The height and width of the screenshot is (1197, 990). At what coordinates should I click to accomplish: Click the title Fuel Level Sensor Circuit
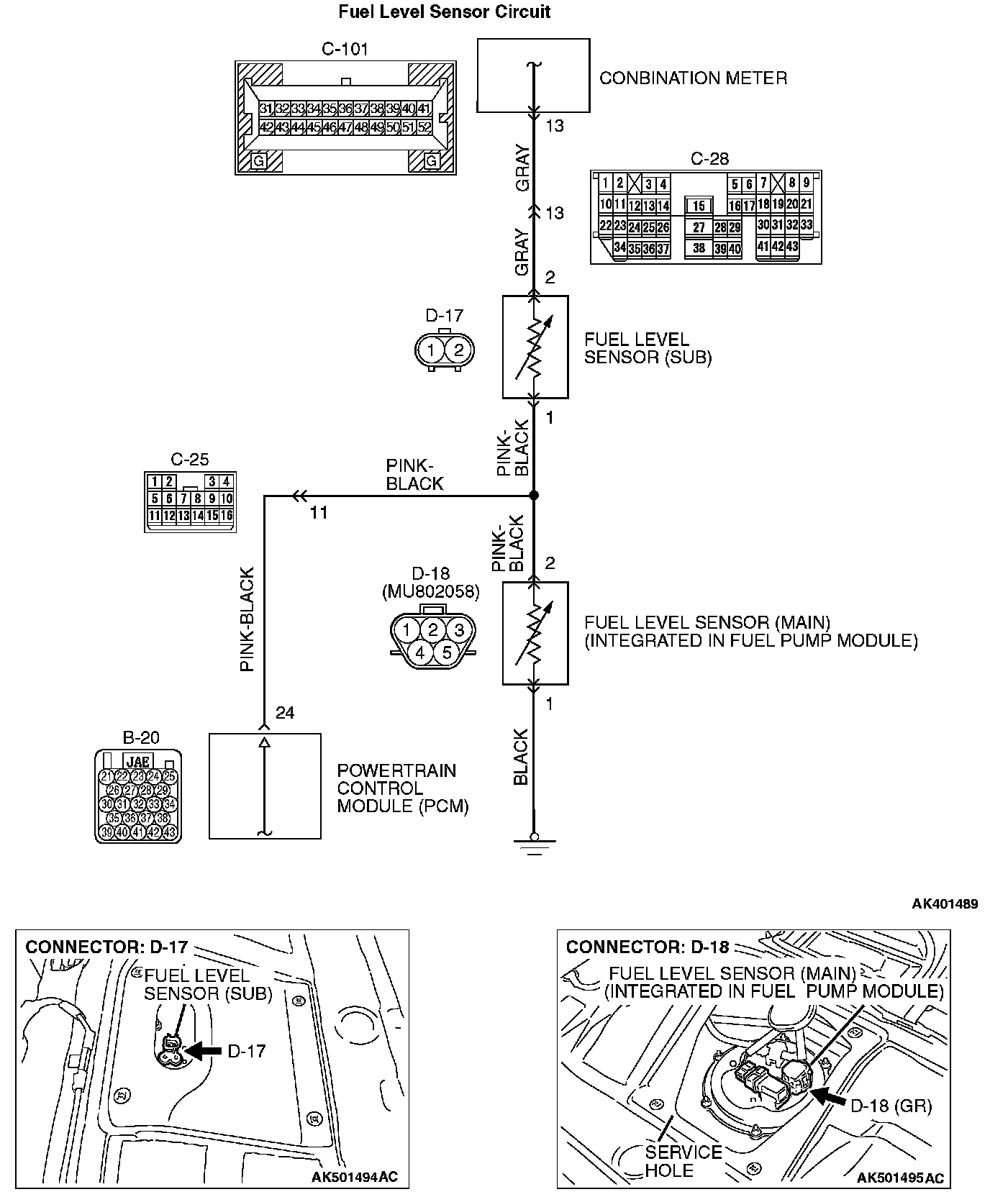445,12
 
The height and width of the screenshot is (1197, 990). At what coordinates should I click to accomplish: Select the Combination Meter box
533,76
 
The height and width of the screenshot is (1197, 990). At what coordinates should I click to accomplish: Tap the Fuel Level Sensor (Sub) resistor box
535,347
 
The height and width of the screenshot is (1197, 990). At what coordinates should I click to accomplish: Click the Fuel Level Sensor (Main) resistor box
535,633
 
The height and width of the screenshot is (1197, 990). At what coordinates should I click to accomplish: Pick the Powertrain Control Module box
265,786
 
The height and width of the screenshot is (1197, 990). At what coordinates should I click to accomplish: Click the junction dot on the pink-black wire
533,496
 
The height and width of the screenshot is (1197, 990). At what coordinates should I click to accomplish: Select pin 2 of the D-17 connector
458,351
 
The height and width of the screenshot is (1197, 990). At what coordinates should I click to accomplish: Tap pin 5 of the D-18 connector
446,652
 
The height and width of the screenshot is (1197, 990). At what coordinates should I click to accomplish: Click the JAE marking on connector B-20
137,761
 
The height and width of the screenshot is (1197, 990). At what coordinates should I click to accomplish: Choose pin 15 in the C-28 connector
698,206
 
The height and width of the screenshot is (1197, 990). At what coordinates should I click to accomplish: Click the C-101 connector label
345,49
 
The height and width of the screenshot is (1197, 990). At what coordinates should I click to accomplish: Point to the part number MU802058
430,591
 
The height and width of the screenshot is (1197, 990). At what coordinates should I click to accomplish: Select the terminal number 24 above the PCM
285,713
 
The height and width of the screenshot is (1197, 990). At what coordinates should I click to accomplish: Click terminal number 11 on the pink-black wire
319,512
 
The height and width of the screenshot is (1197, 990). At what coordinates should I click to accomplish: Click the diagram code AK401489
945,904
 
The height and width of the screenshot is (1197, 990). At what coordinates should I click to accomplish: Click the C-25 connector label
190,460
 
